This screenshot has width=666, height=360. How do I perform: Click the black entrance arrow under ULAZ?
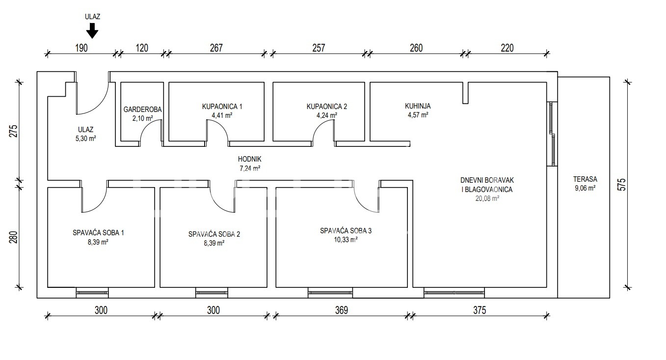click(92, 30)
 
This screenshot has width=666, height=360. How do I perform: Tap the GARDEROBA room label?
click(142, 110)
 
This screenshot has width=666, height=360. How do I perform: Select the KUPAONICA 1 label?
click(222, 107)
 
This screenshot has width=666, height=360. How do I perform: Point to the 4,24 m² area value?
click(327, 115)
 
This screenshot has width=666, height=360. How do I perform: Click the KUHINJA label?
click(418, 106)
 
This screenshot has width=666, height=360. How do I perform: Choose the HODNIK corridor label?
click(249, 159)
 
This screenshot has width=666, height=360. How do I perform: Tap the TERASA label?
click(585, 179)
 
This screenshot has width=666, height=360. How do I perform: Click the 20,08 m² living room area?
click(487, 198)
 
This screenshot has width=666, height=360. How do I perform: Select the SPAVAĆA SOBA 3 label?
click(346, 230)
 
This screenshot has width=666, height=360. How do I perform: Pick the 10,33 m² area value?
click(346, 240)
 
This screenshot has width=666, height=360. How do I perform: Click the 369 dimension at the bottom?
click(341, 310)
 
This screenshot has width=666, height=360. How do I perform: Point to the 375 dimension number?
click(480, 310)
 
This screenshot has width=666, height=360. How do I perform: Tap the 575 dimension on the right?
click(622, 185)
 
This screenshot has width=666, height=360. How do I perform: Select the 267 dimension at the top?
click(216, 48)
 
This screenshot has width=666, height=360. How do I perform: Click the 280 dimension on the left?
click(13, 237)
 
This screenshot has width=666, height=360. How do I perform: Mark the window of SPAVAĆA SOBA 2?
click(212, 293)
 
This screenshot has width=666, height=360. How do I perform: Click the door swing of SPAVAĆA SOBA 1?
click(95, 199)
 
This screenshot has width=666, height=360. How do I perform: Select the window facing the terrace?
click(552, 134)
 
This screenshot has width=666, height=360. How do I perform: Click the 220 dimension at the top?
click(507, 48)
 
